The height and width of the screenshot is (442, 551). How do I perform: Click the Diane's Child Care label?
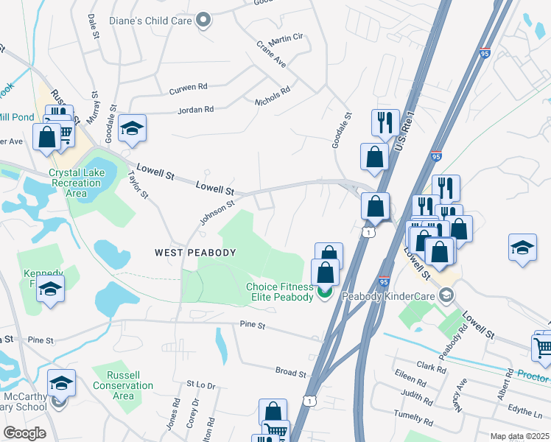150,20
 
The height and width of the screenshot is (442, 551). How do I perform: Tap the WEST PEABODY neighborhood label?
195,253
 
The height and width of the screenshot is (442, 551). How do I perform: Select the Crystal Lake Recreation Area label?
78,183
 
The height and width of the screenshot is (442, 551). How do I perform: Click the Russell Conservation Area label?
123,385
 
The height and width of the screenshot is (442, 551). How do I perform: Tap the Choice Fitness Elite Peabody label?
279,292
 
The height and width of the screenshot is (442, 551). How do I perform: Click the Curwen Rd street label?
183,88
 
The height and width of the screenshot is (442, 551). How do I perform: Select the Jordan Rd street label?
195,110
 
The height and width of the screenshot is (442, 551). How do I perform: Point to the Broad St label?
290,373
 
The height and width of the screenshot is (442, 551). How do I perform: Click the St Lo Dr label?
200,385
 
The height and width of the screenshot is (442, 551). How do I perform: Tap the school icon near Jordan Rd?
133,129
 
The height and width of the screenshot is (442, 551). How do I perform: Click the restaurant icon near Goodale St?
385,122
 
